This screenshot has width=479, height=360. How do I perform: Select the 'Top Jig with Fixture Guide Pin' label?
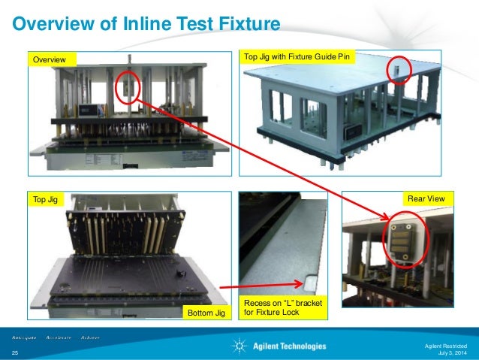coord(294,57)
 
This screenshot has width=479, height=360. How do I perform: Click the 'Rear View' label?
coord(426,198)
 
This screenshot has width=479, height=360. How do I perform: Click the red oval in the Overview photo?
coord(128,87)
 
